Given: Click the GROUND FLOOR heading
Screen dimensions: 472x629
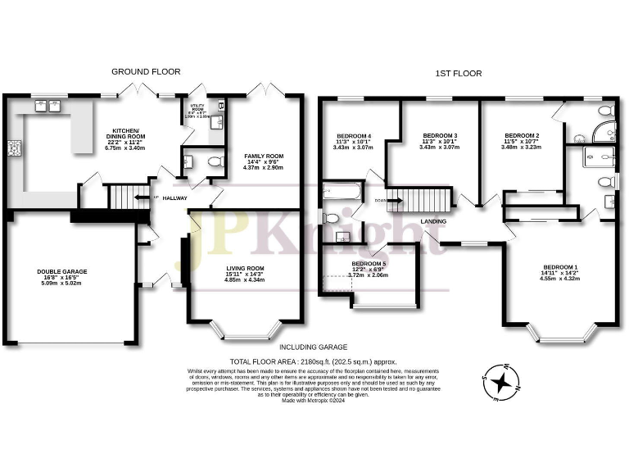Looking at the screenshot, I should pyautogui.click(x=146, y=72).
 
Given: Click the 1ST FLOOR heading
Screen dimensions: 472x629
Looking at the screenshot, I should pyautogui.click(x=459, y=73).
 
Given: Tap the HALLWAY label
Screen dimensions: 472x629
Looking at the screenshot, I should pyautogui.click(x=174, y=197).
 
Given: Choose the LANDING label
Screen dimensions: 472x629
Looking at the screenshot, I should pyautogui.click(x=433, y=221).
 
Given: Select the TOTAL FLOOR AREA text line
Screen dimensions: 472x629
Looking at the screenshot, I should pyautogui.click(x=314, y=361).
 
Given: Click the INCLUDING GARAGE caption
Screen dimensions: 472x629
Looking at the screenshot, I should pyautogui.click(x=312, y=347).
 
